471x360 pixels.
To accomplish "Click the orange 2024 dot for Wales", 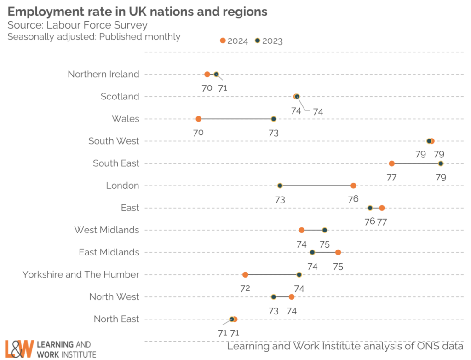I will coord(198,119).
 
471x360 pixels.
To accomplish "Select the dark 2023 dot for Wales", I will coord(273,119).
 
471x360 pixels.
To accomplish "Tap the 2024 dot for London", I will coord(353,186).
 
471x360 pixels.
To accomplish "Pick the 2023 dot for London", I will coord(280,186).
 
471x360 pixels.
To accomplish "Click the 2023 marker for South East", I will coord(441,163).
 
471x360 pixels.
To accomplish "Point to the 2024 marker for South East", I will coord(391,163).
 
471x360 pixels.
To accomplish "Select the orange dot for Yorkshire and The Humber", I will coord(245,275).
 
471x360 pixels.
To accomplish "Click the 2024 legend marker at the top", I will coord(223,41).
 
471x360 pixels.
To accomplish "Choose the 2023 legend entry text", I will coord(272,41).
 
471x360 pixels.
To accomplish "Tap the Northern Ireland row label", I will coord(103,74).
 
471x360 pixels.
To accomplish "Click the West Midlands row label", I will coord(106,230).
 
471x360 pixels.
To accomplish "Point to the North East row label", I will coord(116,319).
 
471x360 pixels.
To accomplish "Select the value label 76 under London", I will coord(353,199).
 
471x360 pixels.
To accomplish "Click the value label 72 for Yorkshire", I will coord(245,289).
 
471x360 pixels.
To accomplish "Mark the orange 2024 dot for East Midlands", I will coord(338,252).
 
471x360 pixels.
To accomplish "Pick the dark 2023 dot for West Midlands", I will coord(324,230).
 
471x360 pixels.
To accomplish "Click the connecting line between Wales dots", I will coord(235,119).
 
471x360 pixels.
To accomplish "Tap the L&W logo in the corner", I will coord(19,349).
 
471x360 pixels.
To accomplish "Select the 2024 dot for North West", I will coord(291,297).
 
